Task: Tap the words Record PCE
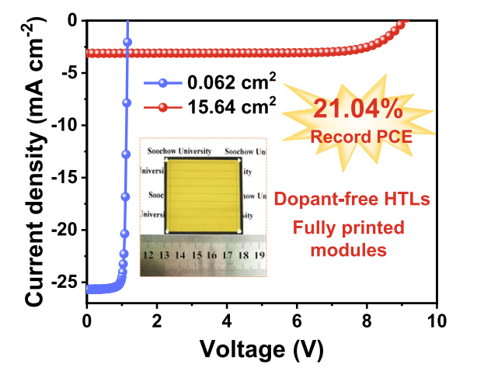point(358,137)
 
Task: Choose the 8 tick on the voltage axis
point(367,322)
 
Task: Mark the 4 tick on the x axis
point(227,322)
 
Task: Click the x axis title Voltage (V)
point(261,349)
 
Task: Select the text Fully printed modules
point(348,239)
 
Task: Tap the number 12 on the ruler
point(148,255)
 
